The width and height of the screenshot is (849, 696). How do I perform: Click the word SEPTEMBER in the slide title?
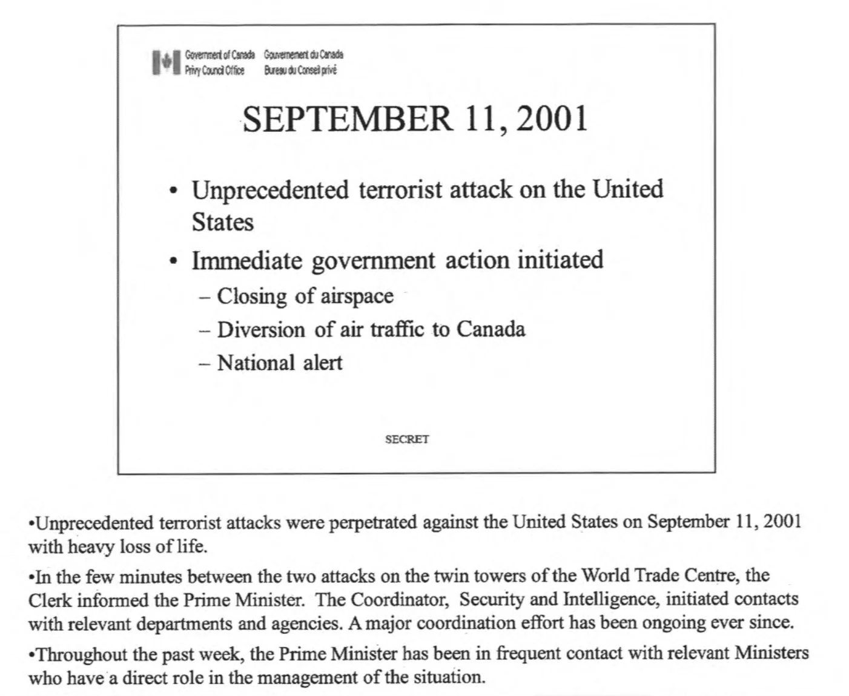point(347,119)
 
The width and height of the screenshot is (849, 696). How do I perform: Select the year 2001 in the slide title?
point(552,119)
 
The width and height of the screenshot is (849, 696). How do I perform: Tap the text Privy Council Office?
point(214,70)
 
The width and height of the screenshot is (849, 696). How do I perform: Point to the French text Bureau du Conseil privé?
point(300,70)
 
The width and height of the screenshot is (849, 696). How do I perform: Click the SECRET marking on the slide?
point(407,439)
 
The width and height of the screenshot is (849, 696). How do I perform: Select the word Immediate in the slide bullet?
point(246,261)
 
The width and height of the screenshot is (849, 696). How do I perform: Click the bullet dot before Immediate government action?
point(174,262)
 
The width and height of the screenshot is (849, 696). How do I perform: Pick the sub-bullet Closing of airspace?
point(305,296)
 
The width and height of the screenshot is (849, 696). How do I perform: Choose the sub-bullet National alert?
point(280,363)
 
